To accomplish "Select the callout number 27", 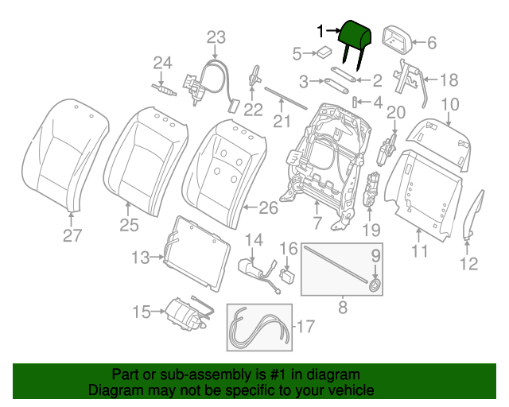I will pos(72,235).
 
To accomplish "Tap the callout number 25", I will pos(129,225).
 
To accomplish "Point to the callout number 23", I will pos(216,37).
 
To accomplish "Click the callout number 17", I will pos(305,326).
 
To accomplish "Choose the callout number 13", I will pos(140,257).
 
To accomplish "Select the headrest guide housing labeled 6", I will pos(396,39).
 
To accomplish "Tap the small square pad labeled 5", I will pos(324,52).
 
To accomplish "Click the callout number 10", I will pos(449,103).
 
